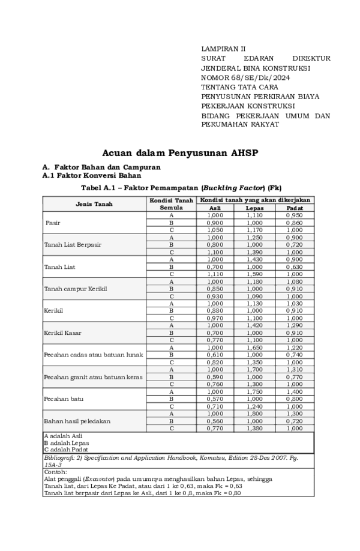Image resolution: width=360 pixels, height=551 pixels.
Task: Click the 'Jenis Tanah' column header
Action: pyautogui.click(x=94, y=204)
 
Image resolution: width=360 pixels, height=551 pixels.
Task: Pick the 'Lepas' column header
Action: pyautogui.click(x=254, y=208)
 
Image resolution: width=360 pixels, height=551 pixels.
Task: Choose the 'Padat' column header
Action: pyautogui.click(x=294, y=208)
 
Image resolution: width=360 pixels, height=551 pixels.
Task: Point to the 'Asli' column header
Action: pyautogui.click(x=215, y=208)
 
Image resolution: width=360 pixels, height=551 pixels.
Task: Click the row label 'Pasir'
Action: pyautogui.click(x=53, y=223)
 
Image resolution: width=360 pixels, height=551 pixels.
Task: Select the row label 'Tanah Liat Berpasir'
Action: pyautogui.click(x=73, y=245)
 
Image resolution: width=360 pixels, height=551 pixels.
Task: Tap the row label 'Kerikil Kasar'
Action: pyautogui.click(x=62, y=333)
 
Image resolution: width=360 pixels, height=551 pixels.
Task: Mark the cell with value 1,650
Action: pyautogui.click(x=254, y=348)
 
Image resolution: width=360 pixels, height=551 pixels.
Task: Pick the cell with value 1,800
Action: pyautogui.click(x=254, y=414)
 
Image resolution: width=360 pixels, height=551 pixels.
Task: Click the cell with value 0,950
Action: pyautogui.click(x=294, y=215)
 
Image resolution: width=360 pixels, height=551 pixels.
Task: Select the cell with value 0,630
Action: pyautogui.click(x=294, y=266)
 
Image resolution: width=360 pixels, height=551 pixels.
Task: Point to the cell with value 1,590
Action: pyautogui.click(x=254, y=274)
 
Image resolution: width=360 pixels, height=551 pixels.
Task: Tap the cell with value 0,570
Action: pyautogui.click(x=215, y=399)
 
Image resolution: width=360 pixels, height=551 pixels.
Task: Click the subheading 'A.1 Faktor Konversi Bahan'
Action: pyautogui.click(x=91, y=176)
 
